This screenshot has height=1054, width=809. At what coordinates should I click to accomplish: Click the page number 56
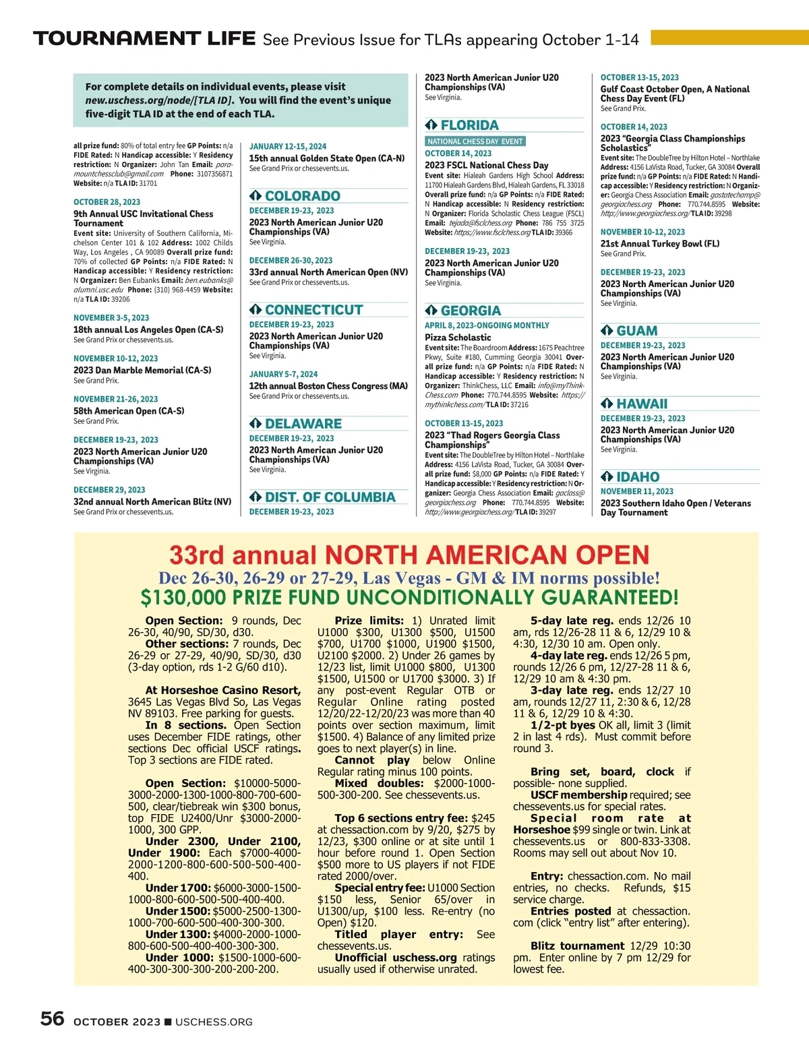tap(52, 1019)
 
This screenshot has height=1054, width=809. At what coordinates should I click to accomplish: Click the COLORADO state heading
tap(302, 196)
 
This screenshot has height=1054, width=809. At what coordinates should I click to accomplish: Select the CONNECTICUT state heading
tap(313, 310)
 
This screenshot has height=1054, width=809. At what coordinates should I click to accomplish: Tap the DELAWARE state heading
tap(303, 424)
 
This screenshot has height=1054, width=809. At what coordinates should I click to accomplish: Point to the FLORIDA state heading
tap(469, 125)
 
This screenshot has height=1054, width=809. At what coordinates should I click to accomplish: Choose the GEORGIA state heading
tap(471, 311)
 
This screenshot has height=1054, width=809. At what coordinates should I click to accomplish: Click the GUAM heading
tap(636, 331)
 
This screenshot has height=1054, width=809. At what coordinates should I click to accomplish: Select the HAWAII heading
tap(641, 404)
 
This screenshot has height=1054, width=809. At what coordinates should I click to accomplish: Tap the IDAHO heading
tap(637, 477)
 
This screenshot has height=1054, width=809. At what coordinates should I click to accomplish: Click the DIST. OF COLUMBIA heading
tap(330, 497)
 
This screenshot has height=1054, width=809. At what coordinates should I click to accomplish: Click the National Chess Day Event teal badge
tap(475, 142)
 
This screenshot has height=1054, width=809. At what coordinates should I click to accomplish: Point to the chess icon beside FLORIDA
tap(431, 125)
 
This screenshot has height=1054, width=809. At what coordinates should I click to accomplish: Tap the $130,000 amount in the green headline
tap(183, 598)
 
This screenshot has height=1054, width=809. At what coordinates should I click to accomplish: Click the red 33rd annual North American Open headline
tap(409, 555)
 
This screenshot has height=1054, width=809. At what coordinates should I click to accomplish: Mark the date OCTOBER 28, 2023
tap(107, 202)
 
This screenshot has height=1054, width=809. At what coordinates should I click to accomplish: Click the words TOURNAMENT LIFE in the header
tap(144, 38)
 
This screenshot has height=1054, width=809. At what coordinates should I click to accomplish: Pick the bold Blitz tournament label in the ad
tap(577, 946)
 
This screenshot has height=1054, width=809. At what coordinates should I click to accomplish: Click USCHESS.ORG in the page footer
tap(214, 1022)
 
